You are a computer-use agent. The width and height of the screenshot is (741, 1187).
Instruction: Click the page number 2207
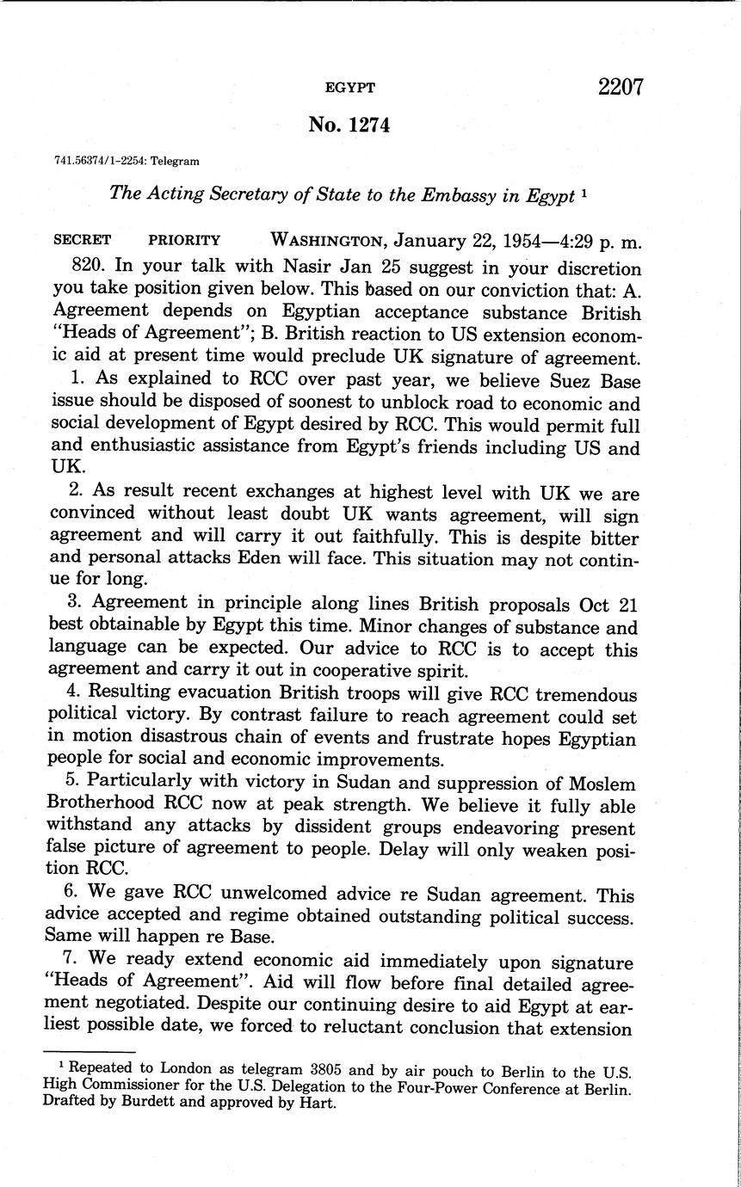[617, 87]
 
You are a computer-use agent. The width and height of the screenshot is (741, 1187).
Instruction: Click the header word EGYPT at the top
[349, 88]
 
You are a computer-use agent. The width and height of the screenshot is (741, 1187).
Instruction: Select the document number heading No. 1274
[349, 126]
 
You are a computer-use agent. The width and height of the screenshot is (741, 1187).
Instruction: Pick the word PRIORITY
[184, 241]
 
